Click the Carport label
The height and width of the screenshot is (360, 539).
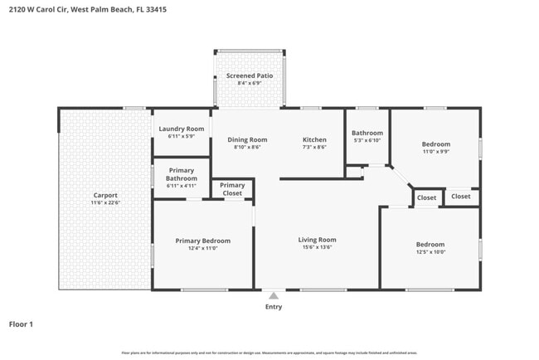[x=105, y=195]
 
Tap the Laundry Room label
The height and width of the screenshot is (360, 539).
[x=181, y=129]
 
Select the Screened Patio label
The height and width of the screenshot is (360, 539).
[x=250, y=76]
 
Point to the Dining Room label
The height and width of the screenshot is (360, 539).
[x=247, y=139]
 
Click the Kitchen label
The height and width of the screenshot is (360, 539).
[x=314, y=139]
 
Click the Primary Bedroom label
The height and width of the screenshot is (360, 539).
[x=202, y=241]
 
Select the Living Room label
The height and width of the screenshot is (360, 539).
[x=317, y=240]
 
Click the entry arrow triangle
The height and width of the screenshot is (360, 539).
[x=273, y=295]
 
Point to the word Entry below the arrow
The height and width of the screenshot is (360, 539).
[x=273, y=307]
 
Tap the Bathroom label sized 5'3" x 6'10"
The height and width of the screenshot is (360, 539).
[x=367, y=133]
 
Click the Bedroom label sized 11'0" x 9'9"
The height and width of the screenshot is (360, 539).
[x=436, y=144]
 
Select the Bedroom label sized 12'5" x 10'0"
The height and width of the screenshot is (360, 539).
[x=430, y=244]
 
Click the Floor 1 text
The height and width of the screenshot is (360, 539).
[x=21, y=324]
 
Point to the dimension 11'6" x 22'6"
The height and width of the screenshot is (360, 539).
[x=105, y=202]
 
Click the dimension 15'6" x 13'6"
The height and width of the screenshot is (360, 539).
[x=317, y=247]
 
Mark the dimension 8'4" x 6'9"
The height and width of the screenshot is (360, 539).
[x=250, y=84]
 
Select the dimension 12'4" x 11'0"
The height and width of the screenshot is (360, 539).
[x=202, y=248]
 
